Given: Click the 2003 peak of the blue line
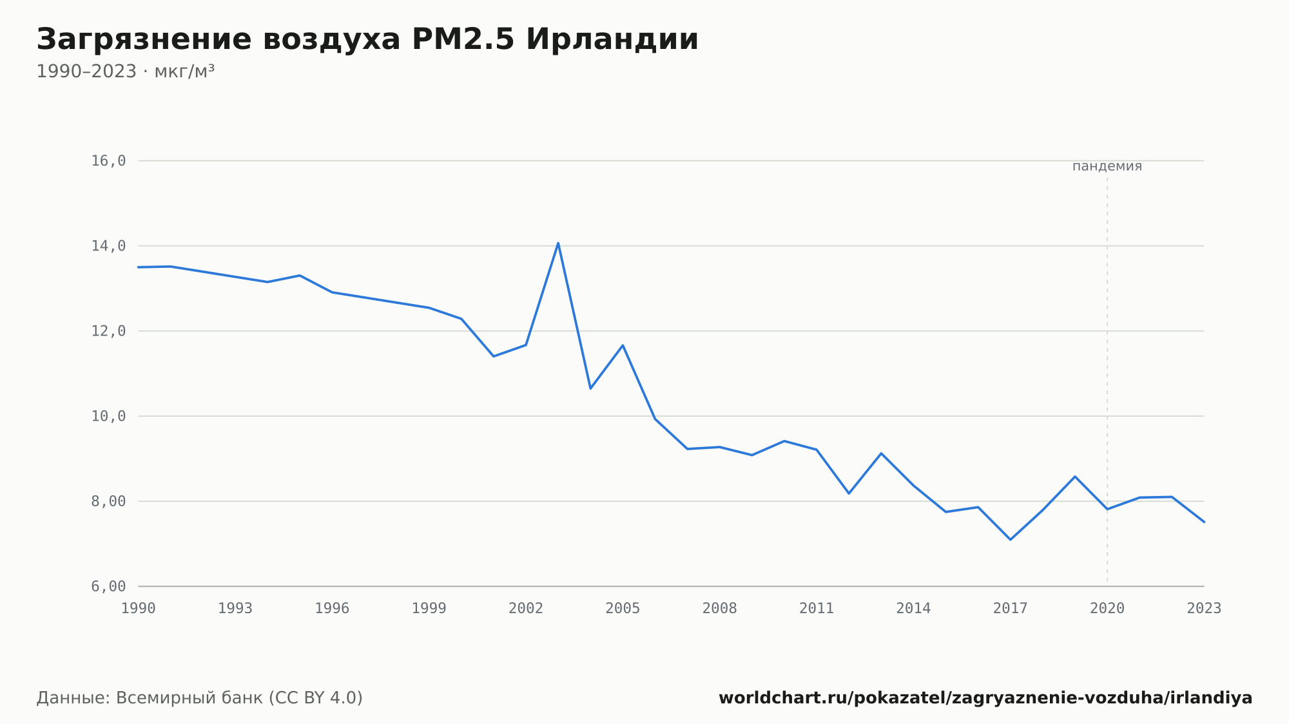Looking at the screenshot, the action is tap(558, 243).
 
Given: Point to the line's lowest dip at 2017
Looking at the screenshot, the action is tap(1011, 539).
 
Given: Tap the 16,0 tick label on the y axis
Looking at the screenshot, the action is tap(108, 161).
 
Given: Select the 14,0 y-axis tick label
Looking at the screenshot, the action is tap(108, 246).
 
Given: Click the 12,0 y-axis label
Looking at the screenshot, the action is tap(108, 331).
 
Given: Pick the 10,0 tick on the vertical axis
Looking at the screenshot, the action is tap(108, 416).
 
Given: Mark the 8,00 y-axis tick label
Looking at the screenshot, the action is tap(108, 501).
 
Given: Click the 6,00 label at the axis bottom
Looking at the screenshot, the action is tap(108, 586).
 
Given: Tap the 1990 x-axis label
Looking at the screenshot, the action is tap(139, 609).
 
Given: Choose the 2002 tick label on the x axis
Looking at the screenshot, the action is tap(526, 609).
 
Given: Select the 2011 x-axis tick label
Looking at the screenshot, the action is tap(817, 609).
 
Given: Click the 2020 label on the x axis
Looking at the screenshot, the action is tap(1107, 609).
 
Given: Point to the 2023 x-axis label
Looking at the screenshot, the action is tap(1204, 609).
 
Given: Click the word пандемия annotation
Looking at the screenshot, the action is tap(1107, 166).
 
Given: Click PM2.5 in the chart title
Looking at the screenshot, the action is tap(463, 39).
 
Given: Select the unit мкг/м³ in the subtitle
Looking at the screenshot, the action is tap(184, 71).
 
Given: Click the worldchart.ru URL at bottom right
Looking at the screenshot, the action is tap(985, 698).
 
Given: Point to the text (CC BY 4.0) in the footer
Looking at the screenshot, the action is tap(316, 698).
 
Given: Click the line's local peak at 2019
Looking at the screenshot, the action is tap(1075, 477).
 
